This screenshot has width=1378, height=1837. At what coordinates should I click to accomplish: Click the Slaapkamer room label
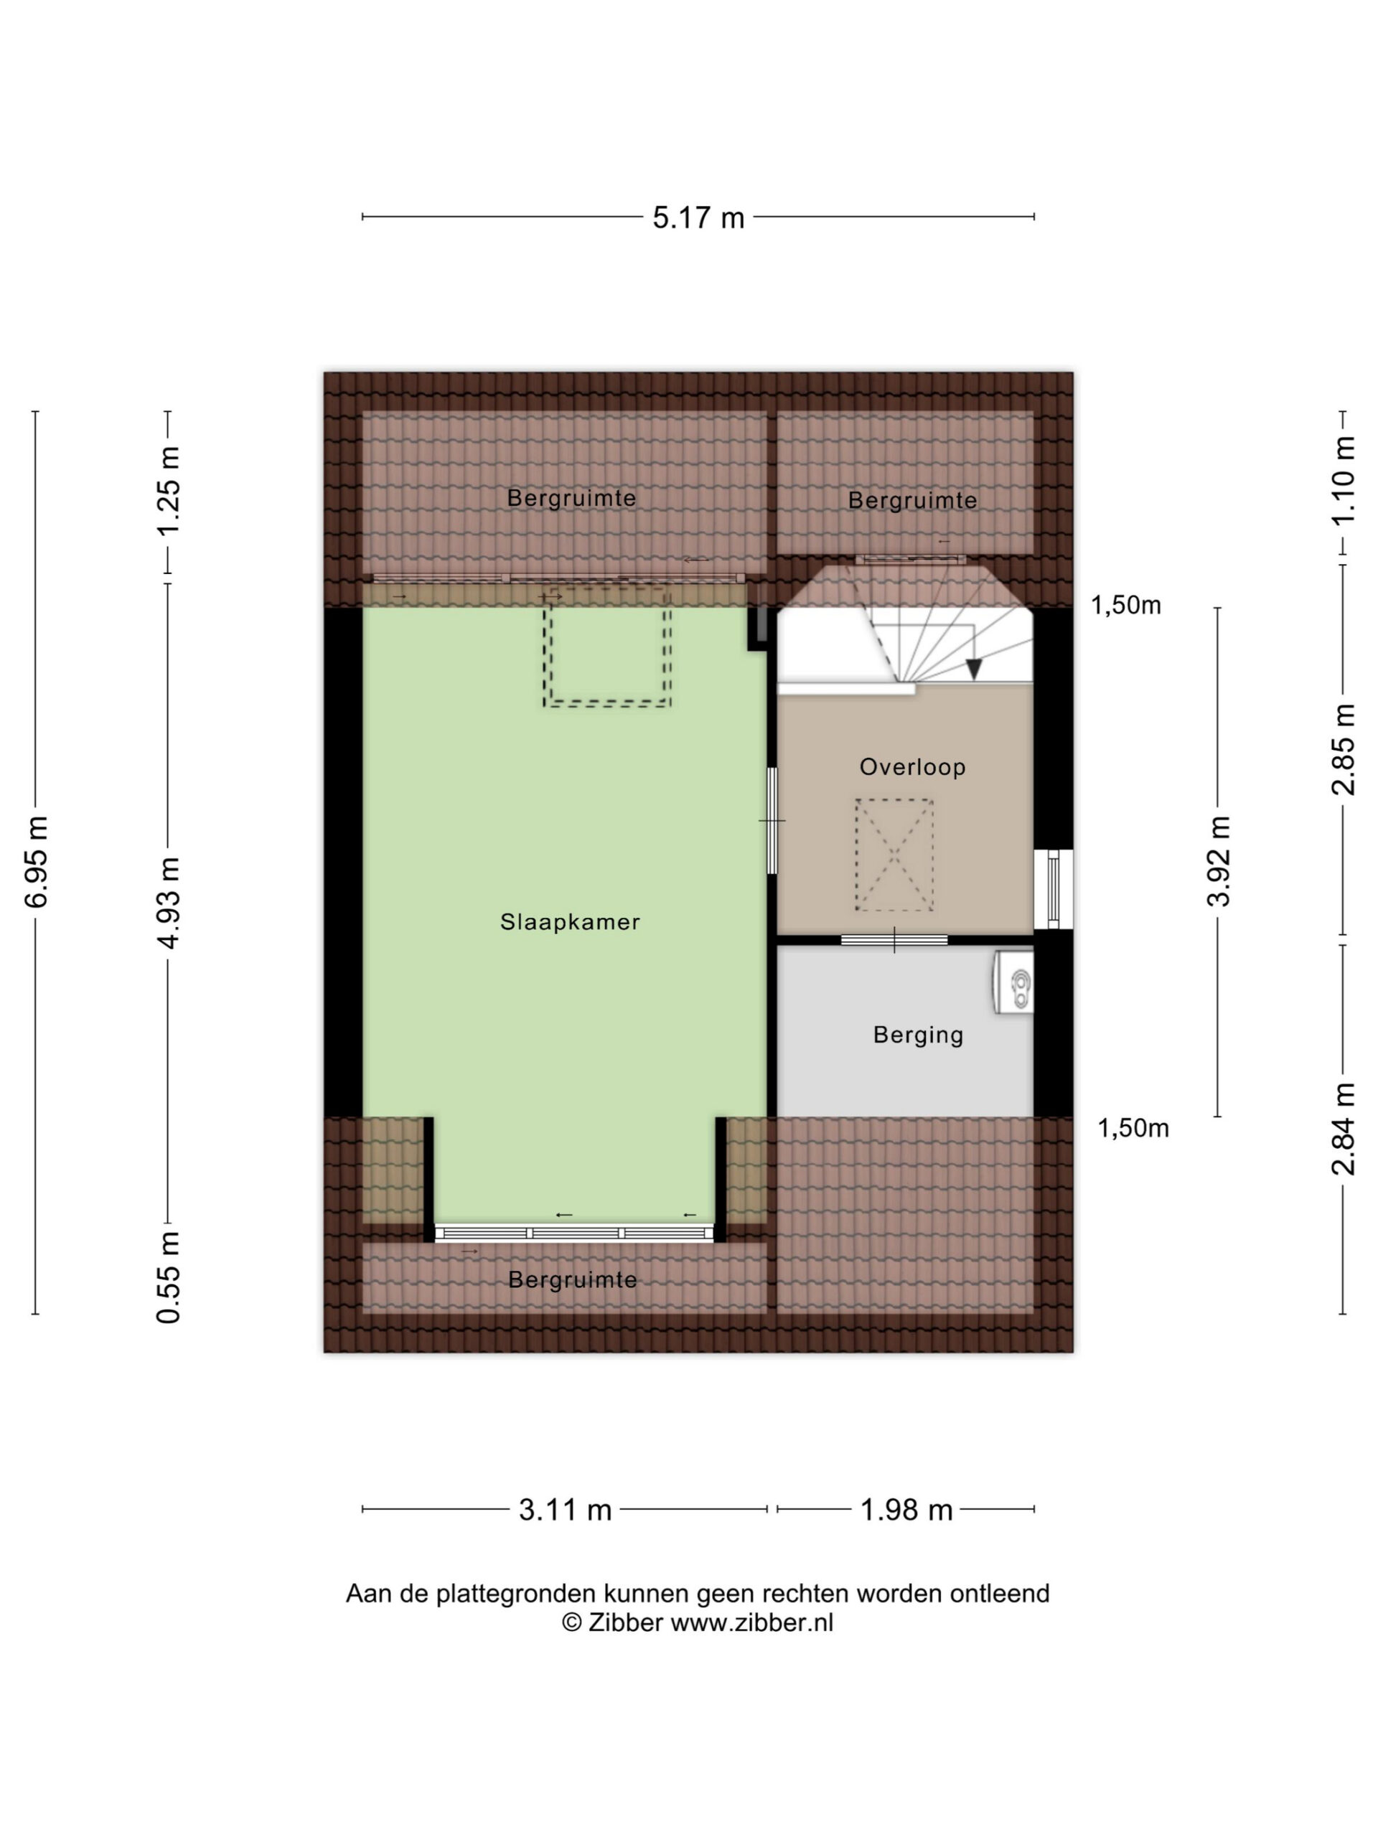(570, 922)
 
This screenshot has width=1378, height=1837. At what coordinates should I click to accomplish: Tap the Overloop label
(912, 766)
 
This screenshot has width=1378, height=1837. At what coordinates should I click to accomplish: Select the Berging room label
(918, 1035)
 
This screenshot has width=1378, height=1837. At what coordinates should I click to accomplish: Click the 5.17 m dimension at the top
(698, 217)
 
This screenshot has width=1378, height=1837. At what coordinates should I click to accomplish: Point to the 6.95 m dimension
(37, 861)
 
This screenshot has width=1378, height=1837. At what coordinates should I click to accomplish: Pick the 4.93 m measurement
(169, 903)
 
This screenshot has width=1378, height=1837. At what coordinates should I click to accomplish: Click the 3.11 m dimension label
(565, 1509)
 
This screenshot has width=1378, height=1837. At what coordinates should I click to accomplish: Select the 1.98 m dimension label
(905, 1509)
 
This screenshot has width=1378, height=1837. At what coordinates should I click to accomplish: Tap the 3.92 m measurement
(1219, 860)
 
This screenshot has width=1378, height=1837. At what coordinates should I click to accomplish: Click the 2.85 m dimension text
(1343, 749)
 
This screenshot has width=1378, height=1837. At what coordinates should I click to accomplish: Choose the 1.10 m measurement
(1343, 480)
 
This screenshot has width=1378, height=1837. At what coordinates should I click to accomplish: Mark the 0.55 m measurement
(169, 1277)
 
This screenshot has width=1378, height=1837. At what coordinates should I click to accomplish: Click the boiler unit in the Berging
(1013, 982)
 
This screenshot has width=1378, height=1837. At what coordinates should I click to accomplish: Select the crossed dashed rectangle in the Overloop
(894, 855)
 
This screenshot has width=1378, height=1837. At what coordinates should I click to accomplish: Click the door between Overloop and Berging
(894, 940)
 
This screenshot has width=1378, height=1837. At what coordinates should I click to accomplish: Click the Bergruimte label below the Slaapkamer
(572, 1279)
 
